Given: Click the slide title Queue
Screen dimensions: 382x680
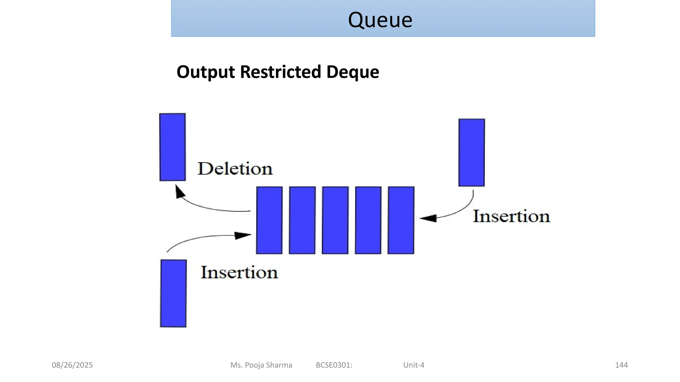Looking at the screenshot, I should tap(380, 20).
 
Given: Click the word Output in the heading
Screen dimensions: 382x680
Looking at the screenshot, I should tap(206, 72).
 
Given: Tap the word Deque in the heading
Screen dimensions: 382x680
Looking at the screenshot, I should tap(353, 72).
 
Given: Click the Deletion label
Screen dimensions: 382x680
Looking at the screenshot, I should tap(235, 169).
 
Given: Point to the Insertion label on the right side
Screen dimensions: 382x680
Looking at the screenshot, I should tap(511, 216).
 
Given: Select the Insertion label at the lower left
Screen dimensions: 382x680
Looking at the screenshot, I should tap(239, 273).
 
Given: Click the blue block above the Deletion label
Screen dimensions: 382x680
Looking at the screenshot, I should tap(172, 147).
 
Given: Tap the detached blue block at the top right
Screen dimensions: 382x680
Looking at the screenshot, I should tap(471, 153).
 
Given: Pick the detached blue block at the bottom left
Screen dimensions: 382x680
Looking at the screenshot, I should tap(173, 293).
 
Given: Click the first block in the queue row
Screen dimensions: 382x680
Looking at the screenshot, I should tap(269, 220).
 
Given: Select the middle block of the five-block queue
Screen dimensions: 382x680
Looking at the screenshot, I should tap(335, 220).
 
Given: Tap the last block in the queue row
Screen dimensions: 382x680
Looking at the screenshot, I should tap(401, 220).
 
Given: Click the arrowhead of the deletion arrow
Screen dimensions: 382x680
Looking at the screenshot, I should tap(180, 192).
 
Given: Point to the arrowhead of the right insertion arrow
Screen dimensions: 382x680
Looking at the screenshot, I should tap(428, 218).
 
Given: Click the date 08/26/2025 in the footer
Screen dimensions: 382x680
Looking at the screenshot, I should tap(72, 365).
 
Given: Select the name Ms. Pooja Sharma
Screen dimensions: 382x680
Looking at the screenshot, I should tap(261, 365).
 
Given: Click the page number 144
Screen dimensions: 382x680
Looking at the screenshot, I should tap(621, 365).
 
